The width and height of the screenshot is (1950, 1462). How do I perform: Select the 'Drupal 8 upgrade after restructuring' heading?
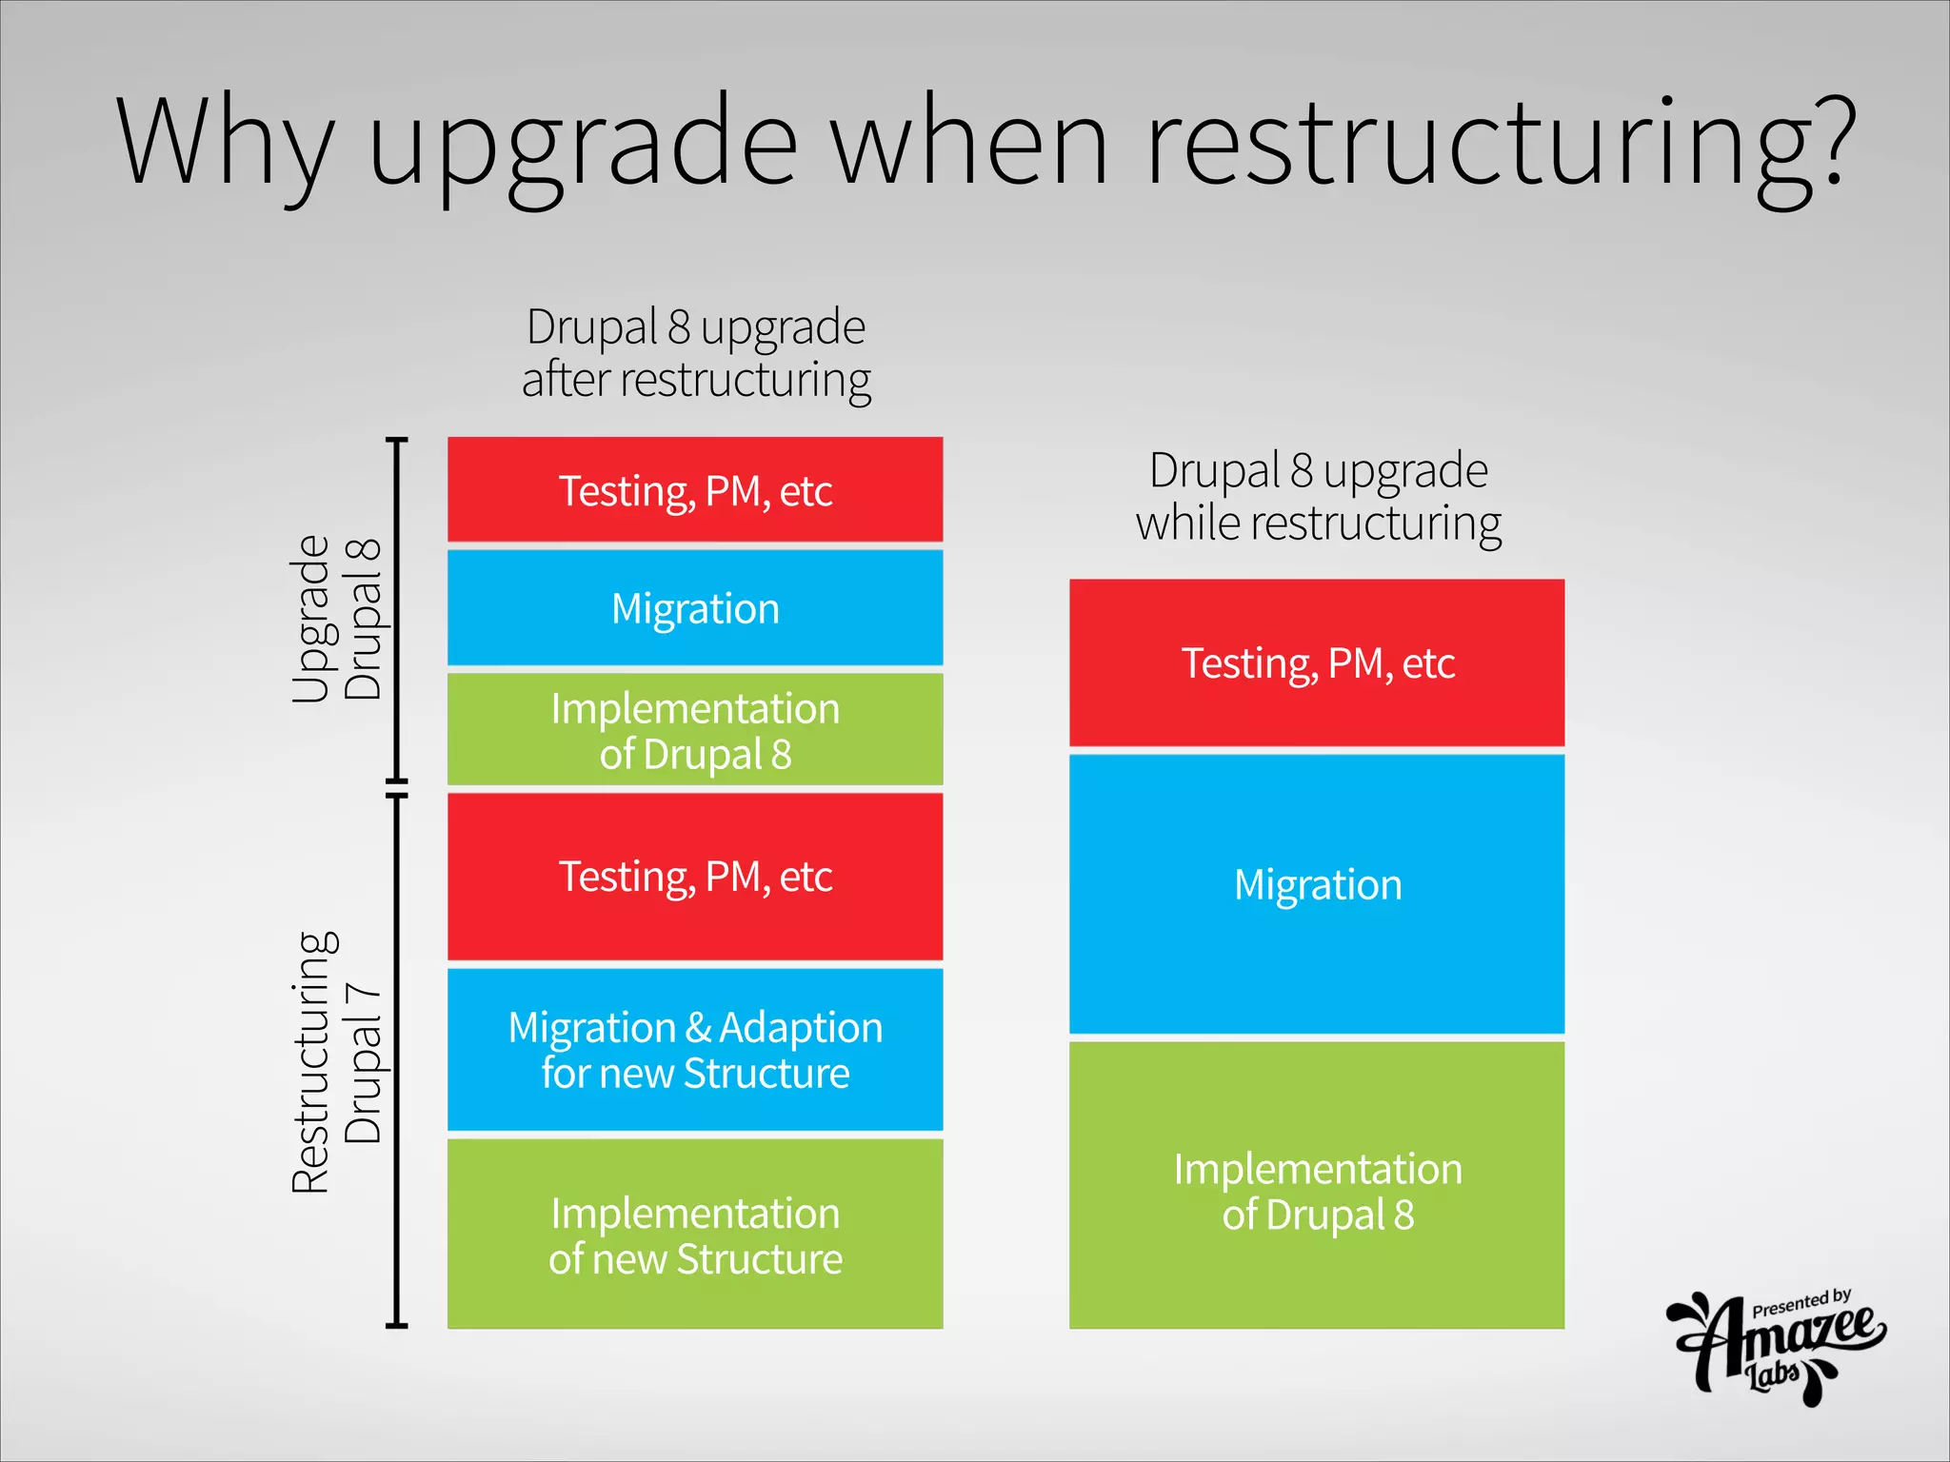coord(695,353)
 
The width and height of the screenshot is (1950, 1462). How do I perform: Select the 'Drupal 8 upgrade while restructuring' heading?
coord(1318,496)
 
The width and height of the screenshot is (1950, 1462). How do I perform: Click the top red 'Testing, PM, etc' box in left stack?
coord(695,490)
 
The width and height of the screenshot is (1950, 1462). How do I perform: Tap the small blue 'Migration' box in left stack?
coord(695,607)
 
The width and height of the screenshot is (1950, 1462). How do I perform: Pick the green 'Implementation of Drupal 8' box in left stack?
coord(695,730)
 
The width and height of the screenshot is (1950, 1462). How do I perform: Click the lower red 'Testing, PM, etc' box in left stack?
coord(695,877)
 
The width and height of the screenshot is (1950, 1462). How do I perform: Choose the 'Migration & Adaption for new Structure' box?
coord(695,1050)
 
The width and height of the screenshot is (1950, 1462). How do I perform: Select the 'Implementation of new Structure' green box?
coord(695,1235)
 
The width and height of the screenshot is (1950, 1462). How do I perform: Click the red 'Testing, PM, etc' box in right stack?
coord(1317,662)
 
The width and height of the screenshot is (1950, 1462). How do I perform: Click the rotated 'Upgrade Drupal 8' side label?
coord(337,618)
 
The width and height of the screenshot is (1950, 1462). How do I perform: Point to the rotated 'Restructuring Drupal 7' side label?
coord(337,1061)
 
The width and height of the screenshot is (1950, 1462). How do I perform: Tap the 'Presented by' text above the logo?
coord(1801,1302)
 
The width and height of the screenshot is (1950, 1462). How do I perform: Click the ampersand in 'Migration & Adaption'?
coord(698,1028)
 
